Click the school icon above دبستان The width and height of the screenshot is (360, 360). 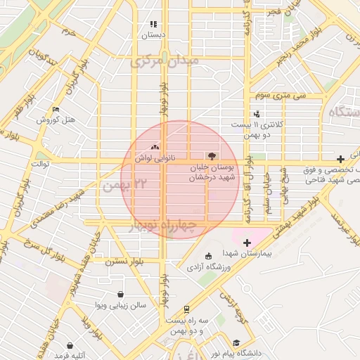[x=153, y=25]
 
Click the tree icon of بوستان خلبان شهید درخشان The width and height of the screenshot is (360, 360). [x=212, y=155]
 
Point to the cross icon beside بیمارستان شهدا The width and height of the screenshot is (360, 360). [x=247, y=243]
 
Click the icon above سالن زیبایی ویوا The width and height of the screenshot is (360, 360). [x=121, y=295]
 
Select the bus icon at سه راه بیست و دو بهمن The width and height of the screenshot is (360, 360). [x=186, y=309]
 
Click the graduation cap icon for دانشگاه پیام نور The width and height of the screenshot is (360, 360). [x=237, y=343]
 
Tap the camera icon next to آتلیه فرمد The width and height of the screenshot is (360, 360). [x=70, y=345]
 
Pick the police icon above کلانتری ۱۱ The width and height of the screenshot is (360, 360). [x=257, y=113]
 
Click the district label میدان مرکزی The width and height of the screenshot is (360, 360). [x=165, y=61]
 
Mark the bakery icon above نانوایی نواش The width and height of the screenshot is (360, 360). [x=155, y=147]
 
